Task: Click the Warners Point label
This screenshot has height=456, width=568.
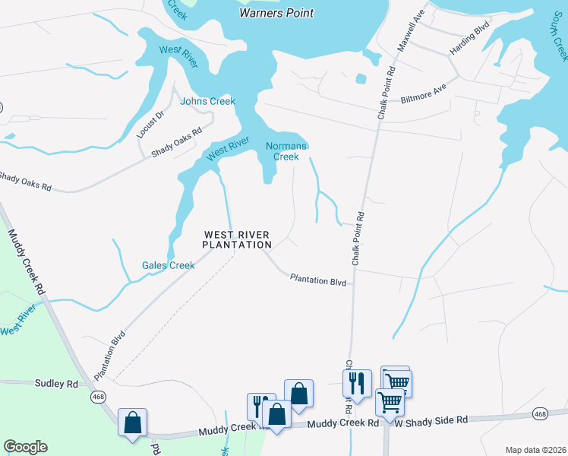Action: (276, 13)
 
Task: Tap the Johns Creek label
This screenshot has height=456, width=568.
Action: (207, 101)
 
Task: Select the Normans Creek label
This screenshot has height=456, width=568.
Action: (286, 151)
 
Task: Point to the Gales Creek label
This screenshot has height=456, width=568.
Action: (169, 265)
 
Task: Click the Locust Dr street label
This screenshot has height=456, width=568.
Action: (150, 125)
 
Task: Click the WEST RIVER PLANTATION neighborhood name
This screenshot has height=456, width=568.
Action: (237, 239)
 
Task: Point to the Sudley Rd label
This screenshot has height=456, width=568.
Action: (56, 384)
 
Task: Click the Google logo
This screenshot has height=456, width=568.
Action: (25, 447)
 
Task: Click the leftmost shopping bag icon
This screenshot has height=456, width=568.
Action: (132, 422)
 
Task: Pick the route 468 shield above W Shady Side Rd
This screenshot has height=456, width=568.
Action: (540, 413)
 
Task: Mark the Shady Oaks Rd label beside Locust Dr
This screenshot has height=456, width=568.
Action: (176, 142)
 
